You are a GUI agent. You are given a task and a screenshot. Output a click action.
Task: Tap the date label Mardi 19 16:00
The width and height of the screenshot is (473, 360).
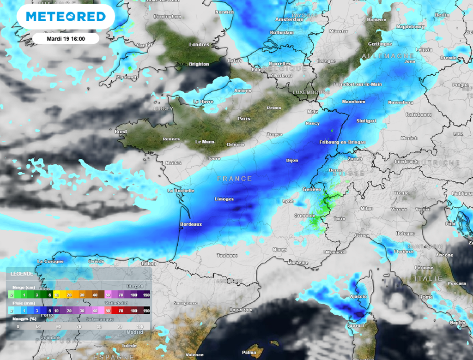click(x=66, y=38)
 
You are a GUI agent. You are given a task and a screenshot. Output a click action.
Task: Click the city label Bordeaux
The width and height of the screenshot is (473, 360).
click(x=191, y=224)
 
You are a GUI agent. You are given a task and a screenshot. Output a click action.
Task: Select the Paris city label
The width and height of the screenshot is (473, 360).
click(x=243, y=119)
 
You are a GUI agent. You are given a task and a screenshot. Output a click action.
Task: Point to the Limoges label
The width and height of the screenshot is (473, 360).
click(x=224, y=199)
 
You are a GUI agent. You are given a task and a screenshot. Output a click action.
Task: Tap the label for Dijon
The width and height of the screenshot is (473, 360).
click(x=292, y=161)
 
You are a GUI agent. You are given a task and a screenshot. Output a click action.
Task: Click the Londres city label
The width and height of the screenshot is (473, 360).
click(x=199, y=45)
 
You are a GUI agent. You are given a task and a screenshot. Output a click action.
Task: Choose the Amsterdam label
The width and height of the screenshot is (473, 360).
click(x=289, y=19)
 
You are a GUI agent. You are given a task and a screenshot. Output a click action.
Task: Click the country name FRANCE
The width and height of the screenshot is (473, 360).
click(x=235, y=179)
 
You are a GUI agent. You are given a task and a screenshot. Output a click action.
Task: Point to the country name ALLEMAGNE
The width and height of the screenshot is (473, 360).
click(x=382, y=56)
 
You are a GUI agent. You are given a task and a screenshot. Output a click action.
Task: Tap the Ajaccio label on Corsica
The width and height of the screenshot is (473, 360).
click(x=358, y=296)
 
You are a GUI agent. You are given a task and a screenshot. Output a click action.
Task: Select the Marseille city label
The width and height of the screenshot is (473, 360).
click(x=297, y=263)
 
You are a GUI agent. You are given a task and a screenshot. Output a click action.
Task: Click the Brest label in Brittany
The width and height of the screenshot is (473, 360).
click(x=120, y=132)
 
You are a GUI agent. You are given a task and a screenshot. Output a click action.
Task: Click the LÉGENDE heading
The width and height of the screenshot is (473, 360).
click(x=22, y=274)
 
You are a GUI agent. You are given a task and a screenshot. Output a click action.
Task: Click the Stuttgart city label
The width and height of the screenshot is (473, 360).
click(x=366, y=121)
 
